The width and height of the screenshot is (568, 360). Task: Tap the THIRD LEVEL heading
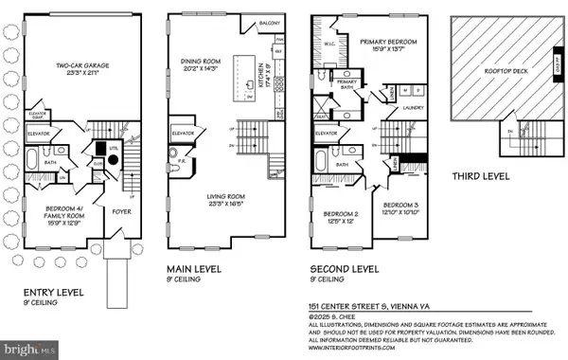click(483, 175)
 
